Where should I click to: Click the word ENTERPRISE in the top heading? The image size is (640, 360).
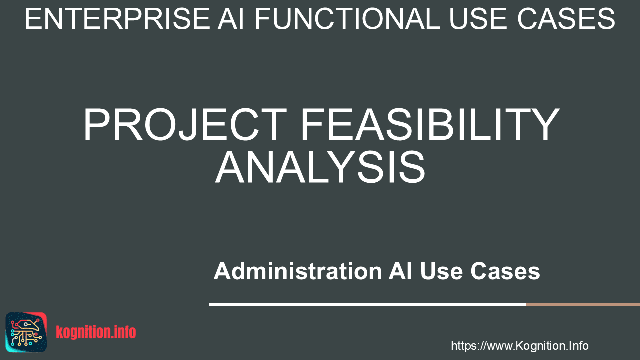pyautogui.click(x=118, y=19)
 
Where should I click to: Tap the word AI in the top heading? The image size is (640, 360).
pyautogui.click(x=231, y=19)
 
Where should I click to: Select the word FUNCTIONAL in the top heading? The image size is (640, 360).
pyautogui.click(x=347, y=19)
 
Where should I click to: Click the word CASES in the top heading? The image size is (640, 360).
pyautogui.click(x=566, y=19)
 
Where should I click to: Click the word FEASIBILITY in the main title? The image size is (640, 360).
pyautogui.click(x=430, y=124)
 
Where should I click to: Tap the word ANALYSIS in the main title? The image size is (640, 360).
pyautogui.click(x=320, y=167)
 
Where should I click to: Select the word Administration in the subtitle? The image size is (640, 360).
pyautogui.click(x=298, y=271)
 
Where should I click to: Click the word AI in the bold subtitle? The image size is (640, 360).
pyautogui.click(x=400, y=271)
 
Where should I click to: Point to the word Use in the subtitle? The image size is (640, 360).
pyautogui.click(x=441, y=271)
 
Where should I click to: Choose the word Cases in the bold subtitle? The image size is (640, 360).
pyautogui.click(x=505, y=271)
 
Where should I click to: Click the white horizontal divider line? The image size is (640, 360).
pyautogui.click(x=367, y=304)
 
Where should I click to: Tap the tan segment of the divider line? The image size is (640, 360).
pyautogui.click(x=583, y=304)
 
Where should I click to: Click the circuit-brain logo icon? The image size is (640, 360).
pyautogui.click(x=26, y=332)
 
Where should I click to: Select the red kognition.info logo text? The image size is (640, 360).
pyautogui.click(x=96, y=332)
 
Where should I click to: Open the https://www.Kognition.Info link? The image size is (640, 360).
pyautogui.click(x=519, y=346)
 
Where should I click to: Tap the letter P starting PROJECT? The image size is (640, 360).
pyautogui.click(x=97, y=124)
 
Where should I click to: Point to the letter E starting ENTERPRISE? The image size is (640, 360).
pyautogui.click(x=33, y=19)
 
